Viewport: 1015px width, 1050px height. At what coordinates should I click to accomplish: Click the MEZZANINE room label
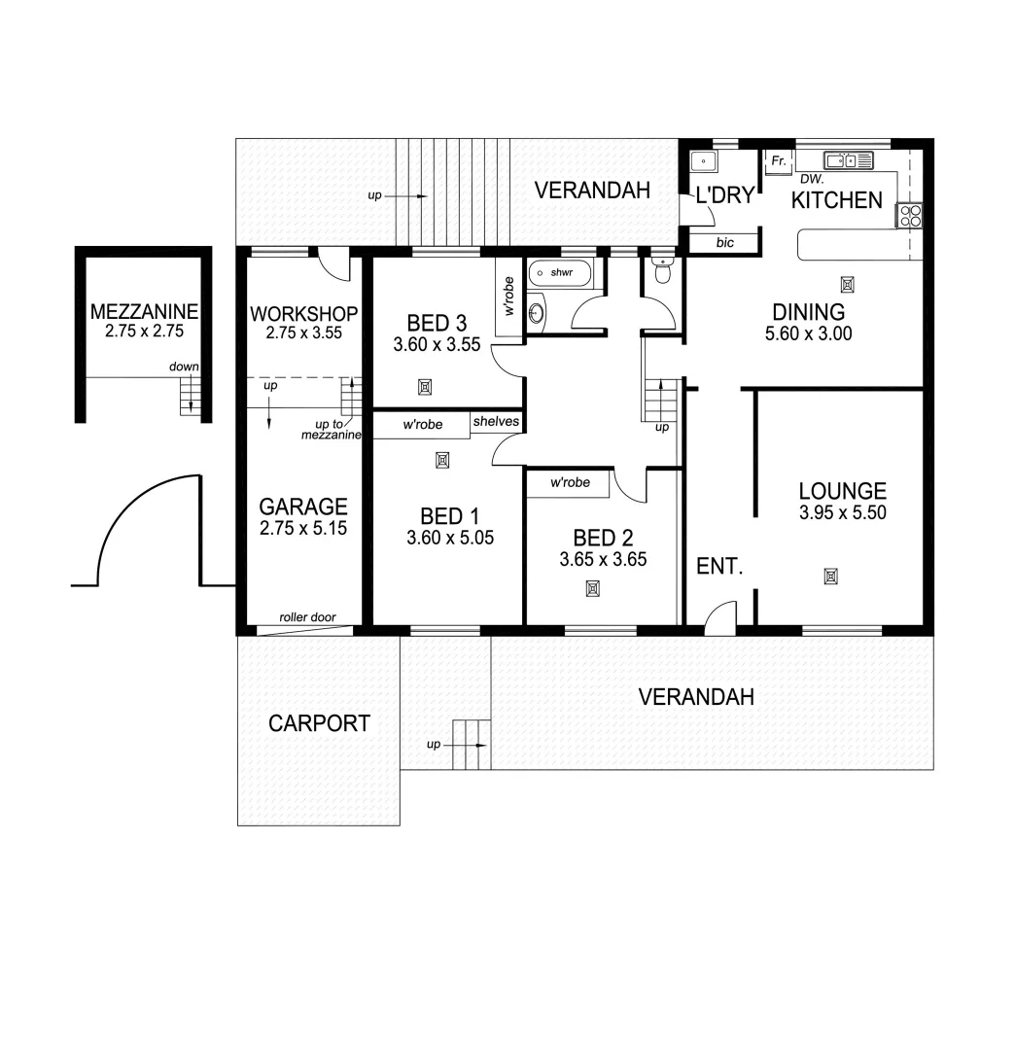144,312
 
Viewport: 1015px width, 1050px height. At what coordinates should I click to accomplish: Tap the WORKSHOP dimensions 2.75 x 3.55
303,332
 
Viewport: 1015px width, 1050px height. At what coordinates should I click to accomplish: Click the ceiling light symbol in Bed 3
425,387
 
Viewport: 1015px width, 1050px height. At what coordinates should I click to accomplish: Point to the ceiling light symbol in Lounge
831,577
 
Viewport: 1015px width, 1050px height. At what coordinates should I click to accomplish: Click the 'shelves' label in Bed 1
496,422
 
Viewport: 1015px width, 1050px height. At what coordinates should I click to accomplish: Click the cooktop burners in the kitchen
910,216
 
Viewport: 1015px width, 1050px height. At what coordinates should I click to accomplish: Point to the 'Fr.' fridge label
779,161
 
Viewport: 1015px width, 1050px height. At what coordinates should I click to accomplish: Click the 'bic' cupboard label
725,243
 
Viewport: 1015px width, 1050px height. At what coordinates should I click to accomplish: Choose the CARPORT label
319,723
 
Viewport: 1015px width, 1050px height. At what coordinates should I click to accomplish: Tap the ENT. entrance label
719,566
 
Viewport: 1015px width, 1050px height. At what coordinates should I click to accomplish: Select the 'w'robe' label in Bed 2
570,483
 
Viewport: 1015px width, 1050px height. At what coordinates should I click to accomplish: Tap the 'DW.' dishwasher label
812,179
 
